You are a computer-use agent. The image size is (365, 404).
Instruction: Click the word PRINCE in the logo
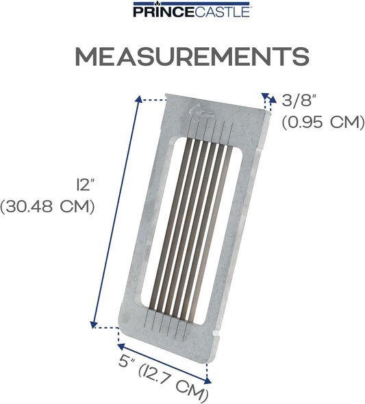163,12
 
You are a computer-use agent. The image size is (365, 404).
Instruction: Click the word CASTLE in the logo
221,12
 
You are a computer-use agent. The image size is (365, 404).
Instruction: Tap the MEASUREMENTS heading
192,56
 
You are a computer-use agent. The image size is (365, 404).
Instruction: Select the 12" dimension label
84,185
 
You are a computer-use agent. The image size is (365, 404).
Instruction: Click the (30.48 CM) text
47,207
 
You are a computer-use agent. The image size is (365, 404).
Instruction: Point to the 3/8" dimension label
299,100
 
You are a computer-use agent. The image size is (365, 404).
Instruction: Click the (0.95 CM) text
323,122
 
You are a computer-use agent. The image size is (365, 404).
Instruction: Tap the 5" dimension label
127,362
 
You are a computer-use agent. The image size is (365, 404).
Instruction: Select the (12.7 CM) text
173,383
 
